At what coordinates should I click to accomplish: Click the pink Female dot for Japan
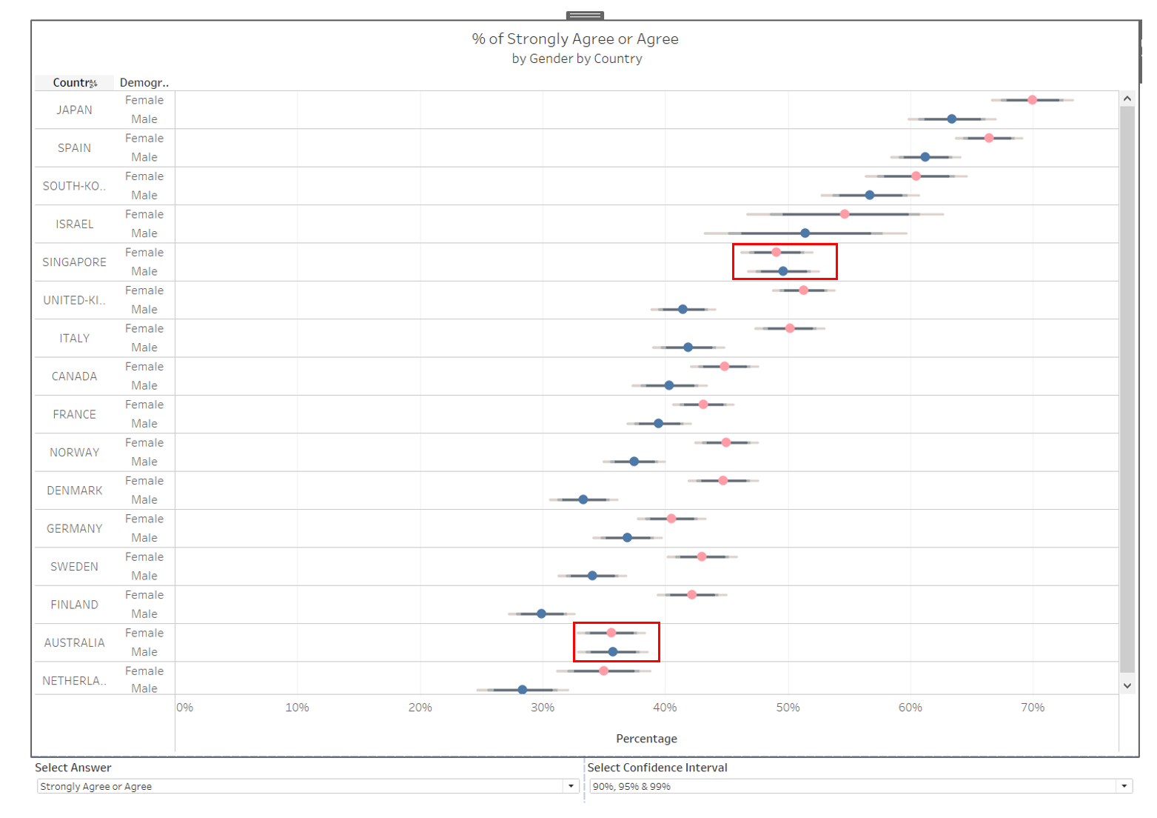[x=1032, y=100]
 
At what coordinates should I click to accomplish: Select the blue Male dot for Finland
[x=541, y=613]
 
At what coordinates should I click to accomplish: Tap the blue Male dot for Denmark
[x=583, y=499]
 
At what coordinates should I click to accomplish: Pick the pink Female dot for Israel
[x=845, y=214]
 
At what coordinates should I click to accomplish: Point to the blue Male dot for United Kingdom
[x=683, y=309]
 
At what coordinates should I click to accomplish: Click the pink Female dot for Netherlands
[x=603, y=671]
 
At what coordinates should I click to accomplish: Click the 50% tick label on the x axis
[x=788, y=708]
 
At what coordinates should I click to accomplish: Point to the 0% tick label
[x=185, y=708]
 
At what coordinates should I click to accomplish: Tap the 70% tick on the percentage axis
[x=1033, y=708]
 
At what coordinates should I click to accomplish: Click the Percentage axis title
[x=646, y=739]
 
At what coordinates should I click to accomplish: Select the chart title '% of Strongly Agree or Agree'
[x=575, y=39]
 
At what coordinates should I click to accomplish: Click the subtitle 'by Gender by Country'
[x=577, y=59]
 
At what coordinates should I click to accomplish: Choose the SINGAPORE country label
[x=74, y=262]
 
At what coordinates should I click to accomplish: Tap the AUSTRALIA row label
[x=74, y=642]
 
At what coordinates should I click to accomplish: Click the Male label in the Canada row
[x=144, y=385]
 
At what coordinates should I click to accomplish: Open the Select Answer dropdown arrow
[x=571, y=786]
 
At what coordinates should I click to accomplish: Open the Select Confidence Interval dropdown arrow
[x=1124, y=786]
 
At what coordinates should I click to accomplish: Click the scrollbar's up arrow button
[x=1127, y=99]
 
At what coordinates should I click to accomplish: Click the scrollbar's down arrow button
[x=1127, y=685]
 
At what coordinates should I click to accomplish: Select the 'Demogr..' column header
[x=144, y=83]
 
